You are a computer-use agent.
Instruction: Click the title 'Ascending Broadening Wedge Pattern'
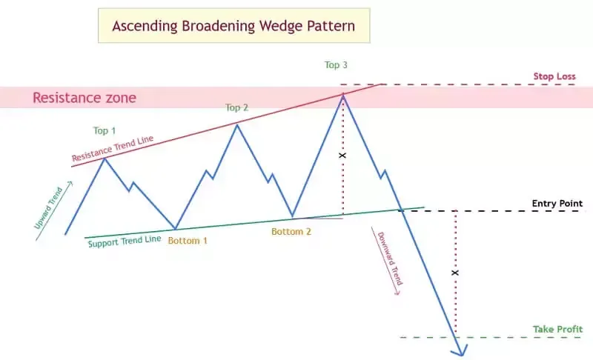pos(233,26)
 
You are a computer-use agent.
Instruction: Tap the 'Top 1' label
pos(105,130)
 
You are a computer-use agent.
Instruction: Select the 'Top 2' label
pos(236,107)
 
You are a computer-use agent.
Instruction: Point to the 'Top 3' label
pos(336,65)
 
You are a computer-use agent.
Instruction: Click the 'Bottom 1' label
pos(188,241)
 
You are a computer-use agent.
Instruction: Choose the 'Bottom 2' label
pos(291,232)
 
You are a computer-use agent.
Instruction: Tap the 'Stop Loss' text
pos(554,76)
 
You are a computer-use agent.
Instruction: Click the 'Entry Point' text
pos(557,204)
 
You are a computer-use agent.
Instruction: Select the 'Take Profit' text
pos(558,330)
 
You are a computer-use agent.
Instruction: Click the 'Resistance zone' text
pos(85,98)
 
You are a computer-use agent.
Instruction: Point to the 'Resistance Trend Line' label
pos(113,148)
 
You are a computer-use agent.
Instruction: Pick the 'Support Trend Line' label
pos(125,241)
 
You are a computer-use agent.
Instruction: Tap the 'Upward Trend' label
pos(48,208)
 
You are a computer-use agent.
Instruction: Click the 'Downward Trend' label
pos(391,259)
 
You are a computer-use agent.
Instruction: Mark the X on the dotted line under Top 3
pos(342,156)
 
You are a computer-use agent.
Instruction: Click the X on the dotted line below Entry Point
pos(455,273)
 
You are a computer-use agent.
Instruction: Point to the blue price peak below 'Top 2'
pos(237,124)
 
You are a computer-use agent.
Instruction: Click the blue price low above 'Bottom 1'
pos(175,229)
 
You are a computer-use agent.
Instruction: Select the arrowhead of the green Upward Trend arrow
pos(70,183)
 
